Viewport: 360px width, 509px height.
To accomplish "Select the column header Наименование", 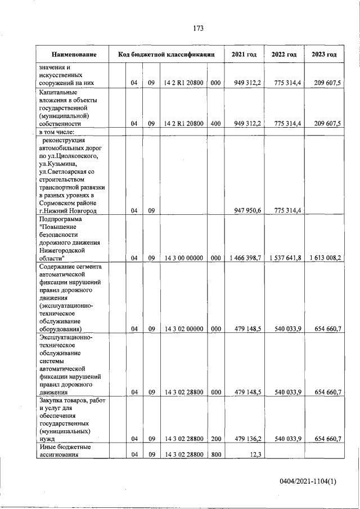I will (x=73, y=55).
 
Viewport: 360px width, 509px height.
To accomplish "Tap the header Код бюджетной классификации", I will (x=166, y=55).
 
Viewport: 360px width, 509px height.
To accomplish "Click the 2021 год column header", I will (x=244, y=55).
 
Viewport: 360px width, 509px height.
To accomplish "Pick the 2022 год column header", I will (x=284, y=55).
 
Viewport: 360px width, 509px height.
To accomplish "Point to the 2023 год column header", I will (x=324, y=55).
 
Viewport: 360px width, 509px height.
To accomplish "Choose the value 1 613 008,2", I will (x=325, y=258).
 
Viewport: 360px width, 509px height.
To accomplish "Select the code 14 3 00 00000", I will (x=183, y=258).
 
